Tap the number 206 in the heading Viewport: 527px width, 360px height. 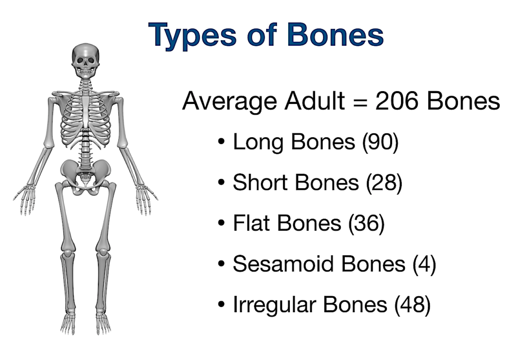point(397,100)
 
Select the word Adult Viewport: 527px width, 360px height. point(315,100)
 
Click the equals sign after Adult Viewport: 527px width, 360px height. point(360,102)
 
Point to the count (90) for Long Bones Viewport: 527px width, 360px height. point(380,142)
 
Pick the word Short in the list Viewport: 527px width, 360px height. point(261,183)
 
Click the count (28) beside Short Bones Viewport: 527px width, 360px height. point(384,183)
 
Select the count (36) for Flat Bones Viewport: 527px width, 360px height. point(366,223)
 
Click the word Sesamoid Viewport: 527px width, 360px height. point(284,264)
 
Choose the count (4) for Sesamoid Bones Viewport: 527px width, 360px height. point(425,264)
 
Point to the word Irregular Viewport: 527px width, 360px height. point(275,305)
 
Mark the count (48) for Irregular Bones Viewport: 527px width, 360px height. point(413,305)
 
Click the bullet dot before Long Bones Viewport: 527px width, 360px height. point(221,142)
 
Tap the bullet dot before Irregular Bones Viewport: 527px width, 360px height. point(221,305)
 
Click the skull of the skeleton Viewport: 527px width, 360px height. point(86,61)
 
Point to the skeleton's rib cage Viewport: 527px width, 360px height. point(86,121)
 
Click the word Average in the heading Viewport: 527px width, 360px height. point(230,101)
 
